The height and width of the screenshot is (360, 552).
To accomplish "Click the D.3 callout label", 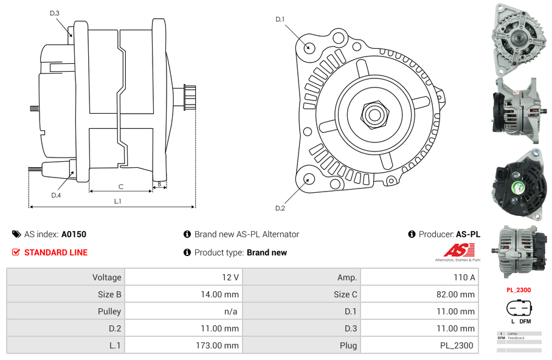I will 55,13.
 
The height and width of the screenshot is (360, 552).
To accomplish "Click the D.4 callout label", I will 56,195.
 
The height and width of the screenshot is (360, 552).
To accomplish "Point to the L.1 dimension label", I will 117,201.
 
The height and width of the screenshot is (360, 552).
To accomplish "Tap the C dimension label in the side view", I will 121,187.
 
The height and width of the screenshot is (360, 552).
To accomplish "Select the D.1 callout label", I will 280,19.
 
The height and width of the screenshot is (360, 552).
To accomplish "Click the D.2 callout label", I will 280,209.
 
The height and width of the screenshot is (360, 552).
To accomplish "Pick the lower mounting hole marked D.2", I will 309,179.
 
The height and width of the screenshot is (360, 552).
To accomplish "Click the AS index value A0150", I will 74,234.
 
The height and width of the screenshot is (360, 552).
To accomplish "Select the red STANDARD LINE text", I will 56,252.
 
